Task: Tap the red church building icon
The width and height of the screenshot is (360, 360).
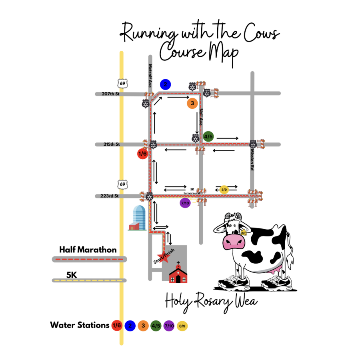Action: click(178, 273)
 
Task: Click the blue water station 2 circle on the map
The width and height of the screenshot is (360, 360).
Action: click(165, 84)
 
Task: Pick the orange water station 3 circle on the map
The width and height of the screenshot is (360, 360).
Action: click(192, 103)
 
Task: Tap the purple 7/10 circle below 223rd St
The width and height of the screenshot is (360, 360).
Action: click(185, 203)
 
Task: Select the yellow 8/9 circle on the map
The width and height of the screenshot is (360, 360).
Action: click(224, 189)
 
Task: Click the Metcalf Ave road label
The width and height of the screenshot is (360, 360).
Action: click(150, 76)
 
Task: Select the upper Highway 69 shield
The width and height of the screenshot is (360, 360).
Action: click(122, 84)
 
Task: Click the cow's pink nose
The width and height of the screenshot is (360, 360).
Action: click(233, 242)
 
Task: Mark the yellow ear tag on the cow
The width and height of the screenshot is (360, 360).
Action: click(243, 232)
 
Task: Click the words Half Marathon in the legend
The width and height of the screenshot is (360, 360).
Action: click(88, 250)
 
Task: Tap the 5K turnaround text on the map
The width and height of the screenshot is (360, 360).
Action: click(192, 191)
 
